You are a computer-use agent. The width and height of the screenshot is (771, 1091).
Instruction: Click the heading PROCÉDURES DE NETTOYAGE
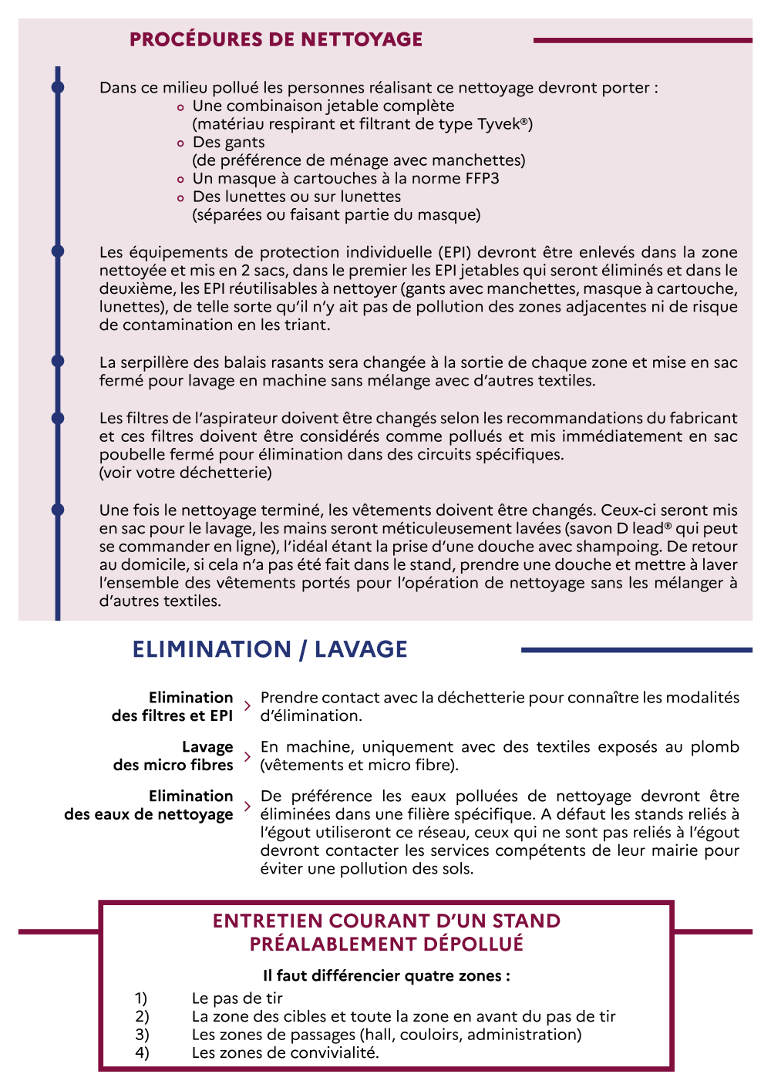pos(276,40)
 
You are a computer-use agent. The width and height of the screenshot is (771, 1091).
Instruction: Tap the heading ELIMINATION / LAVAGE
pos(270,649)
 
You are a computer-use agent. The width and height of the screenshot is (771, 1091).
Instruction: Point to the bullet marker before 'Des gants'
pos(180,143)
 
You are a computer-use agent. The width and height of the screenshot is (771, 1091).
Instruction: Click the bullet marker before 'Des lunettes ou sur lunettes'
pos(180,198)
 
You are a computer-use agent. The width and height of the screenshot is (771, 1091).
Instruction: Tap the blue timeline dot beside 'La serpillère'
pos(58,362)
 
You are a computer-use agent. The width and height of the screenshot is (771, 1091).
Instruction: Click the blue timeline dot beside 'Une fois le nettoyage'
pos(58,510)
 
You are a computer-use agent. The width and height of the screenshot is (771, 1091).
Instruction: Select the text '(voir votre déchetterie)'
pos(185,473)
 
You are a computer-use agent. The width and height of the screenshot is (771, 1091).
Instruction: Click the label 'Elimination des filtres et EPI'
pos(173,706)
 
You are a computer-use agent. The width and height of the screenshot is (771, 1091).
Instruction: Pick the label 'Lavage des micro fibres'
pos(173,756)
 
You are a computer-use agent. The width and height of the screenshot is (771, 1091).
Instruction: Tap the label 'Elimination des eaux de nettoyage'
pos(149,805)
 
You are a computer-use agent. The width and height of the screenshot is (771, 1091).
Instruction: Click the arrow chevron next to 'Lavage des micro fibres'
pos(247,756)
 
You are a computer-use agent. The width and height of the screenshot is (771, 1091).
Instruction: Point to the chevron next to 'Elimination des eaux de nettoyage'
pos(247,806)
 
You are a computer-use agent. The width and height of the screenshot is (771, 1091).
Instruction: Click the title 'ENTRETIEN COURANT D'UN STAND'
pos(386,921)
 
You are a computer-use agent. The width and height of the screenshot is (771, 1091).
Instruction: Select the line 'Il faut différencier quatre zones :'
pos(386,976)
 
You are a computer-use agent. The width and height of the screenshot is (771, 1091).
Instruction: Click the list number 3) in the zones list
pos(142,1035)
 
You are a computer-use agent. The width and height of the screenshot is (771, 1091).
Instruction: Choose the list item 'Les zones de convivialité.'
pos(285,1052)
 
